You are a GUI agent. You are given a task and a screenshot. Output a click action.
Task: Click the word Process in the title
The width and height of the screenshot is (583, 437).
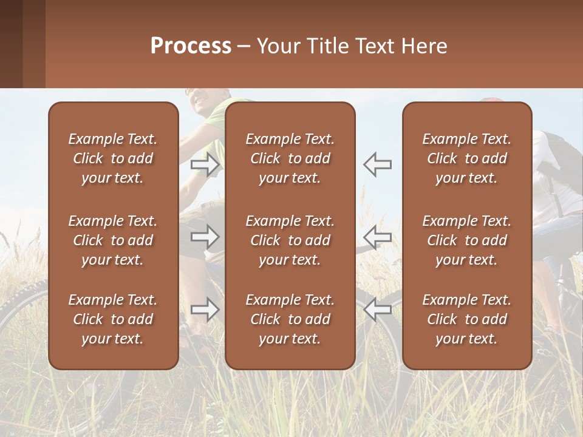coord(191,46)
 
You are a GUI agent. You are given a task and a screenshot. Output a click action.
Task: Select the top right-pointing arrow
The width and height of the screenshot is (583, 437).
coord(205,164)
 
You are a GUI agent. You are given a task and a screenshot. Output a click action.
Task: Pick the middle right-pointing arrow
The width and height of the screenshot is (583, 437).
coord(205,236)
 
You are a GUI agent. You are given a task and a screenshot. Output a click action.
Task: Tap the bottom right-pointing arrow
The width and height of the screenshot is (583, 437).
coord(205,310)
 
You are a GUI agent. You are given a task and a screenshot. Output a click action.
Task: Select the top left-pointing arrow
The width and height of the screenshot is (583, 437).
coord(378,164)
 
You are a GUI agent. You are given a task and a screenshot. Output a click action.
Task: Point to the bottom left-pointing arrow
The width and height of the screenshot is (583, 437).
coord(378,310)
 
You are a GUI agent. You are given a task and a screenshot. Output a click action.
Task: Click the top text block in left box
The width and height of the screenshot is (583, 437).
coord(113,158)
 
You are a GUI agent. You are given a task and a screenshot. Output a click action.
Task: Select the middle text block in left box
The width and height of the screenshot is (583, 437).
coord(113,240)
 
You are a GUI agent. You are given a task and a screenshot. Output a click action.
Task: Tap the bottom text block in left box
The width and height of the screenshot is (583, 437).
coord(113,319)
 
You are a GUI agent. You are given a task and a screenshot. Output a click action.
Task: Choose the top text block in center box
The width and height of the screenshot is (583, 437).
coord(290,158)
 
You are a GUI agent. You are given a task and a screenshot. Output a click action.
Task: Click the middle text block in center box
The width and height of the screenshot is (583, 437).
coord(290,240)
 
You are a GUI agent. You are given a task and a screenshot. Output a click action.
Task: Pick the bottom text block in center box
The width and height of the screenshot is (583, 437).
coord(290,319)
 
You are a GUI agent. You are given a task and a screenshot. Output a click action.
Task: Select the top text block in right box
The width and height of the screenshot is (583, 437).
coord(466,158)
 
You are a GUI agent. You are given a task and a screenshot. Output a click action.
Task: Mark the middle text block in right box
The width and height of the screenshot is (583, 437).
coord(466,240)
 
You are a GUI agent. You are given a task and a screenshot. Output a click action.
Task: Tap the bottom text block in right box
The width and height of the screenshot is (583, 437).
coord(466,319)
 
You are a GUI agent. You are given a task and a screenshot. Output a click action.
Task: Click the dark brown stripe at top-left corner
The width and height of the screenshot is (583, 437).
coord(11,44)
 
